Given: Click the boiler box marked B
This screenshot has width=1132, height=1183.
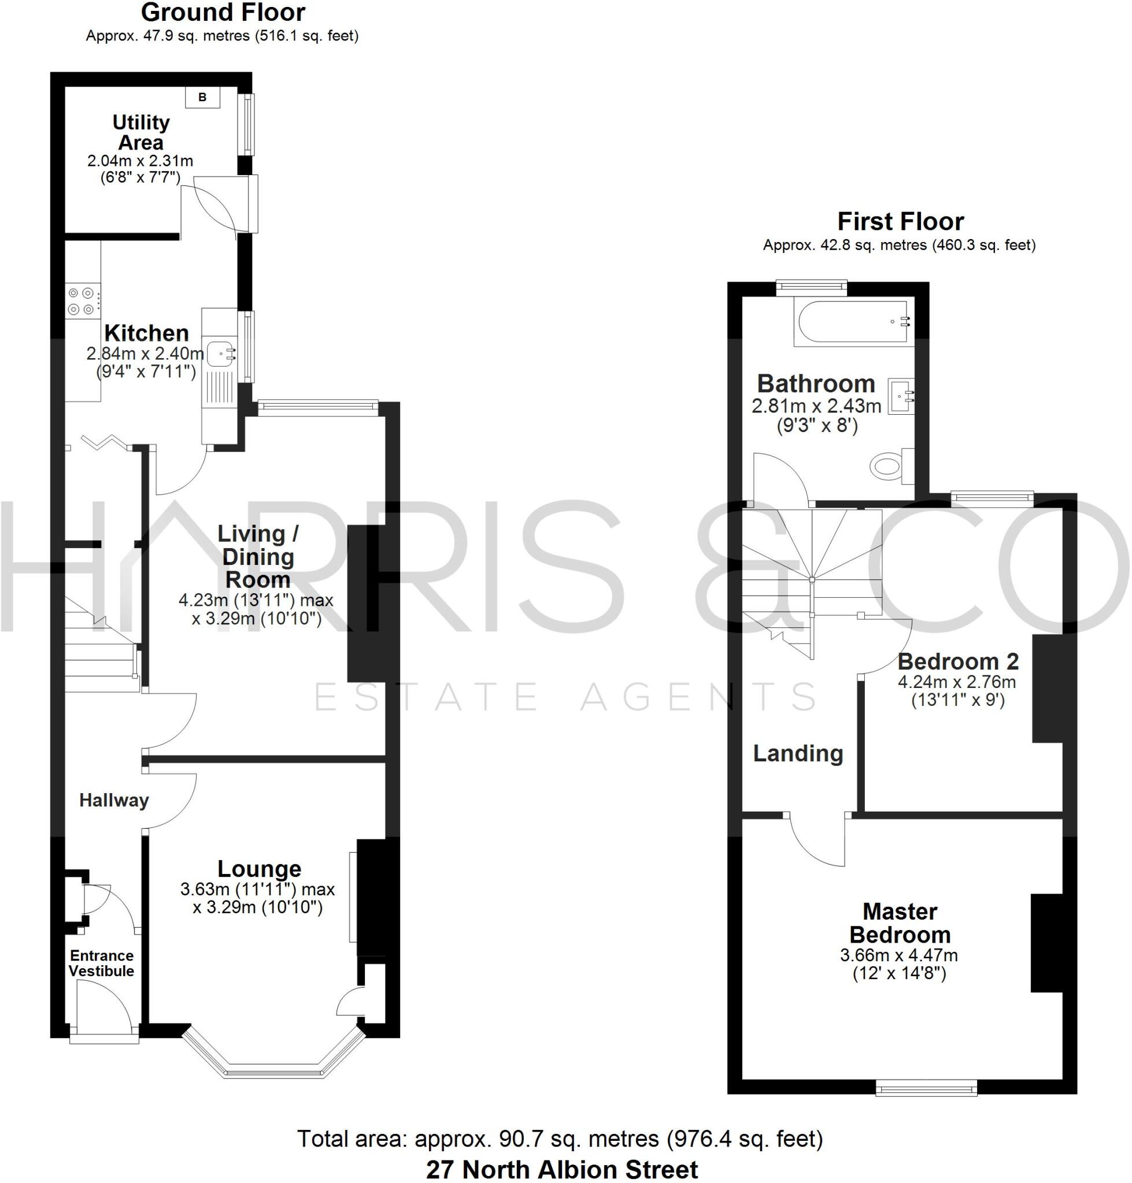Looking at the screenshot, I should pos(202,97).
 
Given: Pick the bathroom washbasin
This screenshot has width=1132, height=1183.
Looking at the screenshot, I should pos(901,396).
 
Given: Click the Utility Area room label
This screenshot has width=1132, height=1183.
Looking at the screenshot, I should pos(140,132).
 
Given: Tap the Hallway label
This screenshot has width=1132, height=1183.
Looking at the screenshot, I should pos(113,800).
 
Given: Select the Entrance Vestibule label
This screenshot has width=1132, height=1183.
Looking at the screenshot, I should pos(101,963).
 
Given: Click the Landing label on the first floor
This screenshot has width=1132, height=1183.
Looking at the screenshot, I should pos(798,753).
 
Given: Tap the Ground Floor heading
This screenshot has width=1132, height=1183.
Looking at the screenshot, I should pos(223,12).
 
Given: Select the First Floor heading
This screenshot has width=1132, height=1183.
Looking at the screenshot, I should pos(900,222).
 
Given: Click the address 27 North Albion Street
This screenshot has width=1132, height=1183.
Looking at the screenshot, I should pos(561,1169).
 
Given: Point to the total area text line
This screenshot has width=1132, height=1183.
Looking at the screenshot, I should pos(560,1139).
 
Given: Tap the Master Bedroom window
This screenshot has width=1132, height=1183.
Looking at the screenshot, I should pos(926,1087).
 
